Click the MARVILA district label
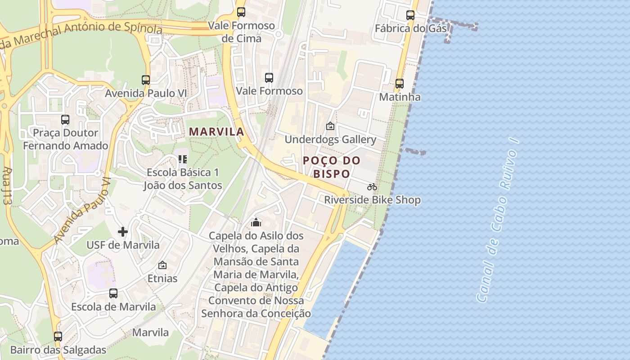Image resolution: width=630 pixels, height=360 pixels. point(216,132)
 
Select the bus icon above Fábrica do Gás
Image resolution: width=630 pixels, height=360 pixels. point(410,15)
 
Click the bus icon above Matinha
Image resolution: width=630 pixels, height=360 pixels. point(400,84)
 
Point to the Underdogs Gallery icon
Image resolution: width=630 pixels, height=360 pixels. point(330,126)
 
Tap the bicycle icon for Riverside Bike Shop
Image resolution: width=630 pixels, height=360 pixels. point(372,187)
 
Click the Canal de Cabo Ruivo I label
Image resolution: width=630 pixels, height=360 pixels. point(497,220)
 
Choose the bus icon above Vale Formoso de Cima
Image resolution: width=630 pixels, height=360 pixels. point(241,12)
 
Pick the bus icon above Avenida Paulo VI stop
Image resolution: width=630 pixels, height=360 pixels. point(146,80)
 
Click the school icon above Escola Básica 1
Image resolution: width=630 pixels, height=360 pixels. point(182,159)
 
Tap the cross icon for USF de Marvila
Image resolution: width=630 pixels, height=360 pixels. point(123,232)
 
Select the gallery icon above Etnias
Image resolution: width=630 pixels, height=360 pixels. point(162,265)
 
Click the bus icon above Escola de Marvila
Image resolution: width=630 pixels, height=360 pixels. point(113,293)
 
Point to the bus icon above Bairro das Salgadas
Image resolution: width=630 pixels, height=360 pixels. point(58,337)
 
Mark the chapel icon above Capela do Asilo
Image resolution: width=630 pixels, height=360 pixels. point(256,222)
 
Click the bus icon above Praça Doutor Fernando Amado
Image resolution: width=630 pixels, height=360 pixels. point(65,120)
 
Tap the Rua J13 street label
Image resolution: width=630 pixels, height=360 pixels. point(7,186)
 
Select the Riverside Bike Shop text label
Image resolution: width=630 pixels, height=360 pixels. point(373,200)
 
